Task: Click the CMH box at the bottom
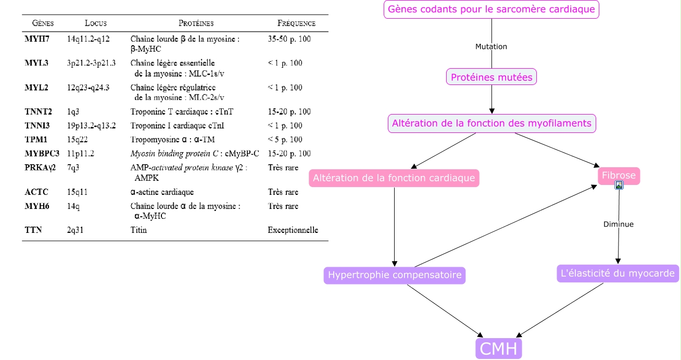498,349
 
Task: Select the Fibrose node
619,175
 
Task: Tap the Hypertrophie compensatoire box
395,275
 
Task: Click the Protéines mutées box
491,77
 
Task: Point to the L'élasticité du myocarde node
617,274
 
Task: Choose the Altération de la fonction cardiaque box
394,178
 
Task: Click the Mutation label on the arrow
491,46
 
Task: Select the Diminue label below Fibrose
619,224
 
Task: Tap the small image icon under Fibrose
619,185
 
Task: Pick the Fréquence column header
296,23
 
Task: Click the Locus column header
96,23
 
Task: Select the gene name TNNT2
38,111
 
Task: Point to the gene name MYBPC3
42,153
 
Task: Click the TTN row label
33,230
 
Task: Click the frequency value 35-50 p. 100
289,39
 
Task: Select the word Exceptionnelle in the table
293,230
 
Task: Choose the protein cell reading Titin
138,230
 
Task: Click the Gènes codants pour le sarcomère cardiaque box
491,9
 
